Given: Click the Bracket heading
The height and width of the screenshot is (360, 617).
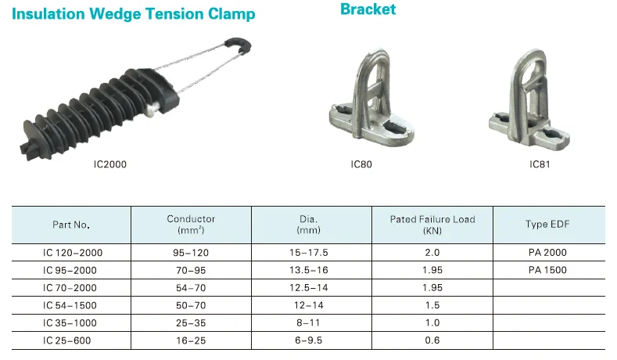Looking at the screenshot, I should coord(368,9).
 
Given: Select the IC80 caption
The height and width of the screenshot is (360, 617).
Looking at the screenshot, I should coord(362,164).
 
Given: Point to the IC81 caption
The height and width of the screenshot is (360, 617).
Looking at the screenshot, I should coord(540,164).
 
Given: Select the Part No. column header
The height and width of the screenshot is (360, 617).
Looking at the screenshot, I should coord(71,225).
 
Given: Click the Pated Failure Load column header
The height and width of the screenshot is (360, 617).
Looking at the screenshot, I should coord(432,225).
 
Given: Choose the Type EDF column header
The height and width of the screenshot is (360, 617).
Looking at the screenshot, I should coord(547,225).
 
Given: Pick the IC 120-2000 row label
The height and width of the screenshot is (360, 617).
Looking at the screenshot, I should coord(73,253).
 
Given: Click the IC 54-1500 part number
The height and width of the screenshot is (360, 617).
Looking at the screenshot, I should coord(71,304).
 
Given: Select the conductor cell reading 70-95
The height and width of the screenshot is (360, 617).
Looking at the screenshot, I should coord(191,270).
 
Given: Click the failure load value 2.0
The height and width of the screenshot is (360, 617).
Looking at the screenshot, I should coord(432,253).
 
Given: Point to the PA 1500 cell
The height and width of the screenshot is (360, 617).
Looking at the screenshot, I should coord(547,270).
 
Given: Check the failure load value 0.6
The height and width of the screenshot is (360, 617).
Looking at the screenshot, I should coord(432,339).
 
